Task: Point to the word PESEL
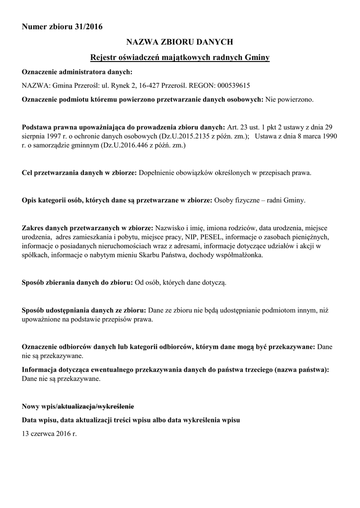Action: point(212,237)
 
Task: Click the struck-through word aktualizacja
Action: point(78,407)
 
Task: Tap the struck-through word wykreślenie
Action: point(117,407)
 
